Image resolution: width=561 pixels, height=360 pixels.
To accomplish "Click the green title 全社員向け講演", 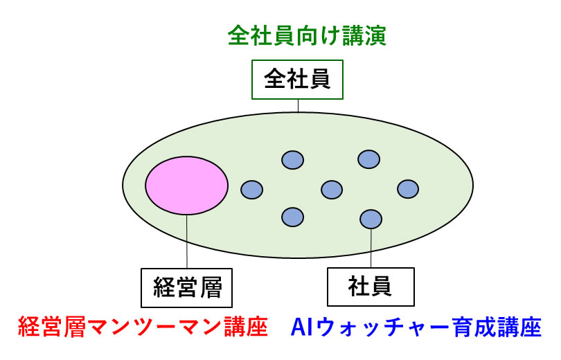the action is (x=307, y=35).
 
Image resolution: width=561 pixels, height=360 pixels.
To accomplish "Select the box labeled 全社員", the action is (x=297, y=80).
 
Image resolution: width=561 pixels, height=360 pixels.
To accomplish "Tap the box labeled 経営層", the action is (x=186, y=288).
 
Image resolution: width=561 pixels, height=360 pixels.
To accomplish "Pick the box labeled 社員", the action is (x=371, y=287).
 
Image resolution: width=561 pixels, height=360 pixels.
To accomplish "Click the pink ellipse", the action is (x=186, y=185).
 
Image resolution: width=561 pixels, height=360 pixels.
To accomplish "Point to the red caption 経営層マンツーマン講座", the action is (x=143, y=327).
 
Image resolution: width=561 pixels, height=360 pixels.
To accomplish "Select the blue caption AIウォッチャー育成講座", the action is (x=416, y=327).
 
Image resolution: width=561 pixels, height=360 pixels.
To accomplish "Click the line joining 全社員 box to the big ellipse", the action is (x=298, y=106).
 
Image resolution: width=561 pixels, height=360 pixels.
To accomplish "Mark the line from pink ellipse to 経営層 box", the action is (x=186, y=242).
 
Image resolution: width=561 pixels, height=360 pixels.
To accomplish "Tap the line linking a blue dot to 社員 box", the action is (x=371, y=248).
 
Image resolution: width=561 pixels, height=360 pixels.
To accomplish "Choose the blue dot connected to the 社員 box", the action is (x=371, y=219).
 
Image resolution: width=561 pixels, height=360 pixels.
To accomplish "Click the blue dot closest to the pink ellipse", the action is (x=252, y=190).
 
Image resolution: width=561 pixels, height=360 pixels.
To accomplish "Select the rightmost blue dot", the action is (x=408, y=189).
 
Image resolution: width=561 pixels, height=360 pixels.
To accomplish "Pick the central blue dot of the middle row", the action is (x=332, y=190).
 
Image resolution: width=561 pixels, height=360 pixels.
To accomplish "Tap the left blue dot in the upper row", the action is (x=293, y=160).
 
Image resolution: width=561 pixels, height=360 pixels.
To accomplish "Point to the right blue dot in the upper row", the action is (x=369, y=159).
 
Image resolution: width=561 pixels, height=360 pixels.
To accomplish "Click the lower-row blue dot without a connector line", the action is (x=293, y=217).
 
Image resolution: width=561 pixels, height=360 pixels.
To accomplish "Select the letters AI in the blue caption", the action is (x=303, y=327).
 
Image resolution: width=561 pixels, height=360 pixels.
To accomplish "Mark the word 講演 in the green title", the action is (x=364, y=35).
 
